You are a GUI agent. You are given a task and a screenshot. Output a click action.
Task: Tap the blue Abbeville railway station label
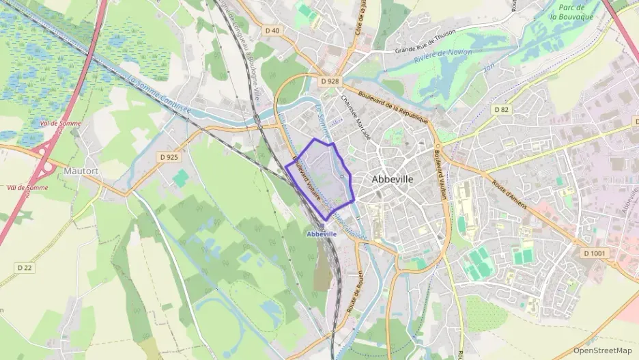(322, 234)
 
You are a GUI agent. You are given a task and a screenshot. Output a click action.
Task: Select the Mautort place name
(82, 170)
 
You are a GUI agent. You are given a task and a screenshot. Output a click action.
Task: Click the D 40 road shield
(272, 30)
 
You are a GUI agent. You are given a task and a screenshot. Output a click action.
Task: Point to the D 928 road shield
(329, 81)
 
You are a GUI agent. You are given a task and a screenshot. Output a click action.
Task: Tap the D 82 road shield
(502, 109)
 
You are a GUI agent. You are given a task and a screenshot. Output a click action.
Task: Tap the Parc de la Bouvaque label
(573, 11)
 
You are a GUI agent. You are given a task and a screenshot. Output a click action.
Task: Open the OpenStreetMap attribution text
(602, 351)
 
